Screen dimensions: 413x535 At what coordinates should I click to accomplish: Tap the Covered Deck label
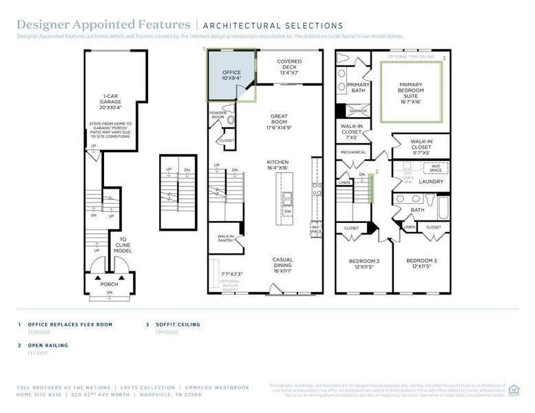click(289, 67)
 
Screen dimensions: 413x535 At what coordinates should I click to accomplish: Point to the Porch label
click(109, 284)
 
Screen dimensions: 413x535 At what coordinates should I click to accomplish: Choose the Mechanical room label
click(352, 152)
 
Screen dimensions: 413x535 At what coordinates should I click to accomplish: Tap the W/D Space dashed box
click(436, 167)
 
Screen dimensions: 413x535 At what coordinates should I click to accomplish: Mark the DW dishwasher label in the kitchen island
click(287, 211)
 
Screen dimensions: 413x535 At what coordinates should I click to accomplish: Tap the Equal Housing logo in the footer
click(513, 390)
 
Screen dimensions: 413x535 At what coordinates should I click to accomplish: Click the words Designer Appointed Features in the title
click(104, 25)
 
